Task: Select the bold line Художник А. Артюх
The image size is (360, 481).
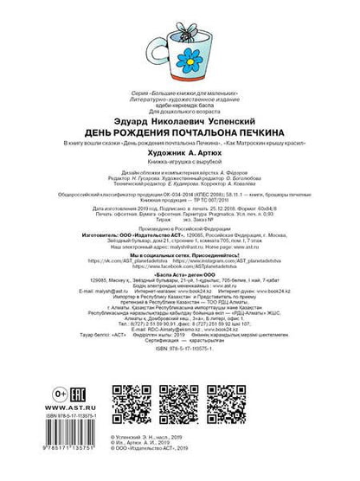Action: point(179,155)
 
